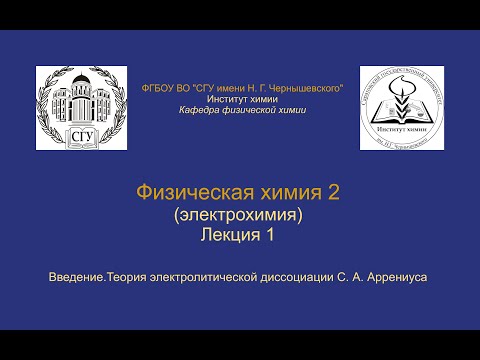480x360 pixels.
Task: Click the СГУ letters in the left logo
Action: coord(80,137)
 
